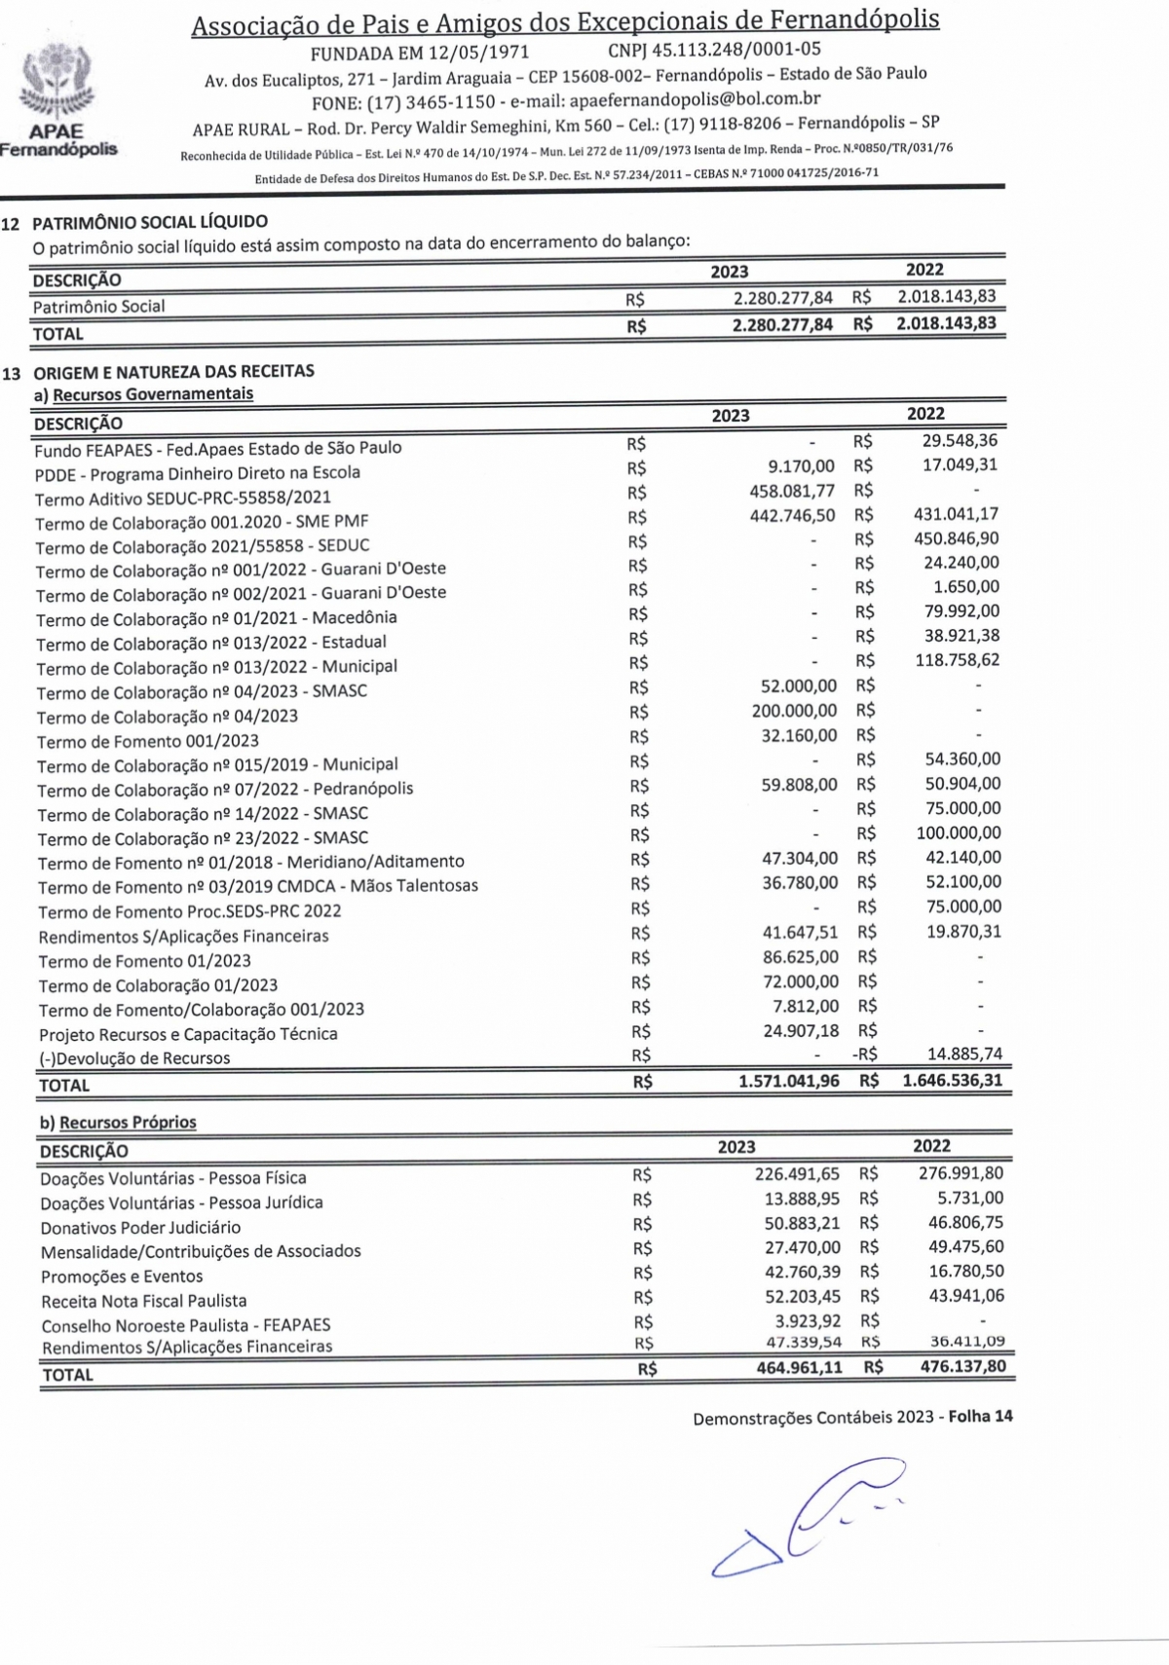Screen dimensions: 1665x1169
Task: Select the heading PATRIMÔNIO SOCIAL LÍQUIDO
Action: tap(150, 222)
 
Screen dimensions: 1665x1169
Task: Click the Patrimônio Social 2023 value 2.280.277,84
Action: tap(782, 298)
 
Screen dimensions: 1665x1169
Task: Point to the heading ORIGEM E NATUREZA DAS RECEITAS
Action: tap(173, 371)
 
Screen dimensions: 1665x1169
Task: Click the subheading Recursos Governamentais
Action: tap(153, 394)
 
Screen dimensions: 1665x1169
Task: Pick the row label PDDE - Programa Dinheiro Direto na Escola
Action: tap(198, 473)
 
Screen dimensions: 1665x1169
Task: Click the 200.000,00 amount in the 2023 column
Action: tap(794, 711)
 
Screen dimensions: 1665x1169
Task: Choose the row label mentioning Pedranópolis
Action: tap(225, 789)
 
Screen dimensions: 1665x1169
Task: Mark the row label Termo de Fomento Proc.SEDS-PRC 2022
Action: tap(190, 911)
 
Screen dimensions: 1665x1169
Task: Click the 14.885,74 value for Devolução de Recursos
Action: tap(964, 1054)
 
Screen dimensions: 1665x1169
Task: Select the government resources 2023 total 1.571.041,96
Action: tap(788, 1081)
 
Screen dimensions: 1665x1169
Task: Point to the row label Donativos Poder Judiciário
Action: tap(140, 1228)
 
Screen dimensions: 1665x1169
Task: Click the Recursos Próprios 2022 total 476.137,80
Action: tap(962, 1366)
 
